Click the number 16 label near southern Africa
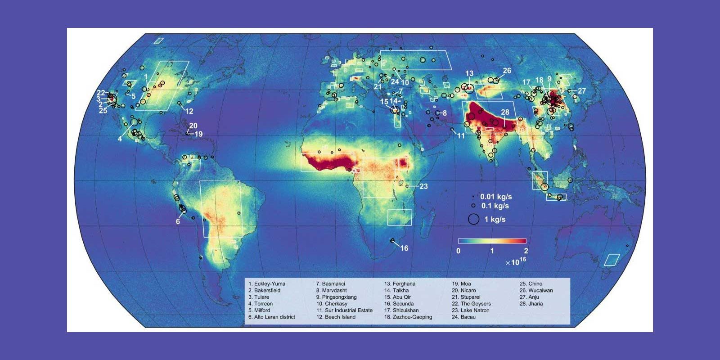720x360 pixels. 404,248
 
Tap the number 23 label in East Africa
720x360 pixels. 423,186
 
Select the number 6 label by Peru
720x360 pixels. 178,222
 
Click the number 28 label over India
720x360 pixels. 505,112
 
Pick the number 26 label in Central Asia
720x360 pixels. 507,71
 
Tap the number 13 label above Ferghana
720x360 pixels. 469,73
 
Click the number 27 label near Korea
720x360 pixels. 582,91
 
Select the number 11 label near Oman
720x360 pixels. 461,135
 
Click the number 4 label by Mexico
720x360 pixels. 120,139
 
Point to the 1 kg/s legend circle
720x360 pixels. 473,219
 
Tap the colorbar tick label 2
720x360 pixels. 526,251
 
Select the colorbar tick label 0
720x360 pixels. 458,251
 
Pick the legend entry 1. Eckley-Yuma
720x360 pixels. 267,284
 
